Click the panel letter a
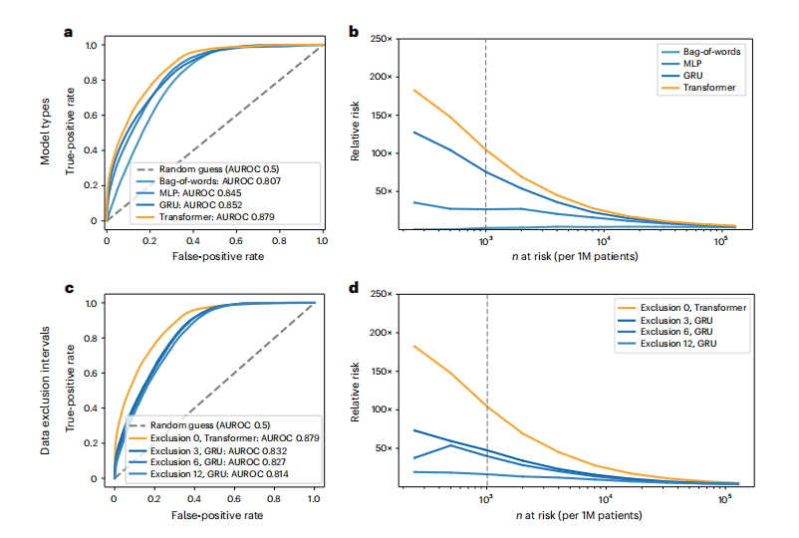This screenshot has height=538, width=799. tap(69, 31)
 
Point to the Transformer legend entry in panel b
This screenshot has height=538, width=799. tap(710, 88)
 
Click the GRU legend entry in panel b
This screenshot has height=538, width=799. tap(694, 75)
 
